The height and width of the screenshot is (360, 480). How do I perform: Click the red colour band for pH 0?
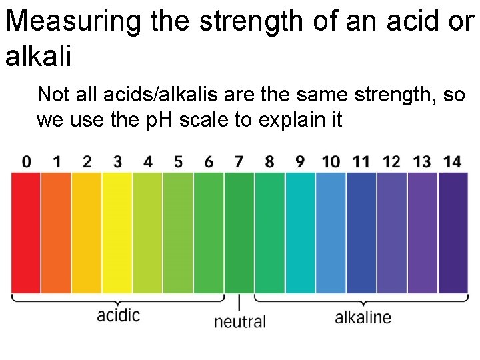click(x=26, y=232)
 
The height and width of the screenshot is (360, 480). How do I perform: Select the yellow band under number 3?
click(x=117, y=232)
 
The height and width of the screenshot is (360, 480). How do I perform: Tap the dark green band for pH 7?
click(x=239, y=232)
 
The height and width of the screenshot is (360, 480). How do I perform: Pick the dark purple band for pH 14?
click(x=453, y=232)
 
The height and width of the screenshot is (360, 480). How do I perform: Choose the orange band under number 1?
click(x=56, y=232)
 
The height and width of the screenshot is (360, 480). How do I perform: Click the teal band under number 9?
click(x=300, y=232)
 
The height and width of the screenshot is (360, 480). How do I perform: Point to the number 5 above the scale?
click(x=178, y=161)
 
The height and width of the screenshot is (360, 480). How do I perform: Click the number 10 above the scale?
click(x=331, y=161)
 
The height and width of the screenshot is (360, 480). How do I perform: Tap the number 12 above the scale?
click(x=391, y=161)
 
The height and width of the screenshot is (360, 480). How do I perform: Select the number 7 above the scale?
click(x=239, y=161)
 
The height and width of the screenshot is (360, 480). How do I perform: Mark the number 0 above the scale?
click(x=26, y=161)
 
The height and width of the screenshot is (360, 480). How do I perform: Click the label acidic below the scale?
click(x=119, y=315)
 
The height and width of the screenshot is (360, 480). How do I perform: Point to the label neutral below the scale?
click(x=239, y=321)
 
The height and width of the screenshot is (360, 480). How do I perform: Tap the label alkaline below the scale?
click(x=363, y=317)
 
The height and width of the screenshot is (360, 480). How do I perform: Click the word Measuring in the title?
click(x=73, y=21)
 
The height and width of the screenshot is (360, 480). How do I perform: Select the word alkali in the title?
click(x=37, y=56)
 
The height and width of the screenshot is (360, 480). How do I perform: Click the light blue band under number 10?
click(x=331, y=232)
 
